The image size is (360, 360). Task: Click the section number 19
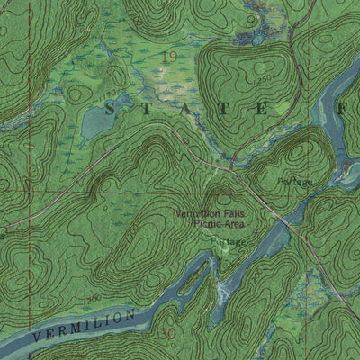point(168,57)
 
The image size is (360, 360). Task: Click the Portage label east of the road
point(295,182)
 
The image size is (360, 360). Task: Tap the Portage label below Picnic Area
point(228,243)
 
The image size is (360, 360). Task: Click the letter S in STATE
point(112,108)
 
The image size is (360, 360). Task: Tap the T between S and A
point(149,108)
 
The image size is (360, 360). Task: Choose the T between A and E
point(225,108)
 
